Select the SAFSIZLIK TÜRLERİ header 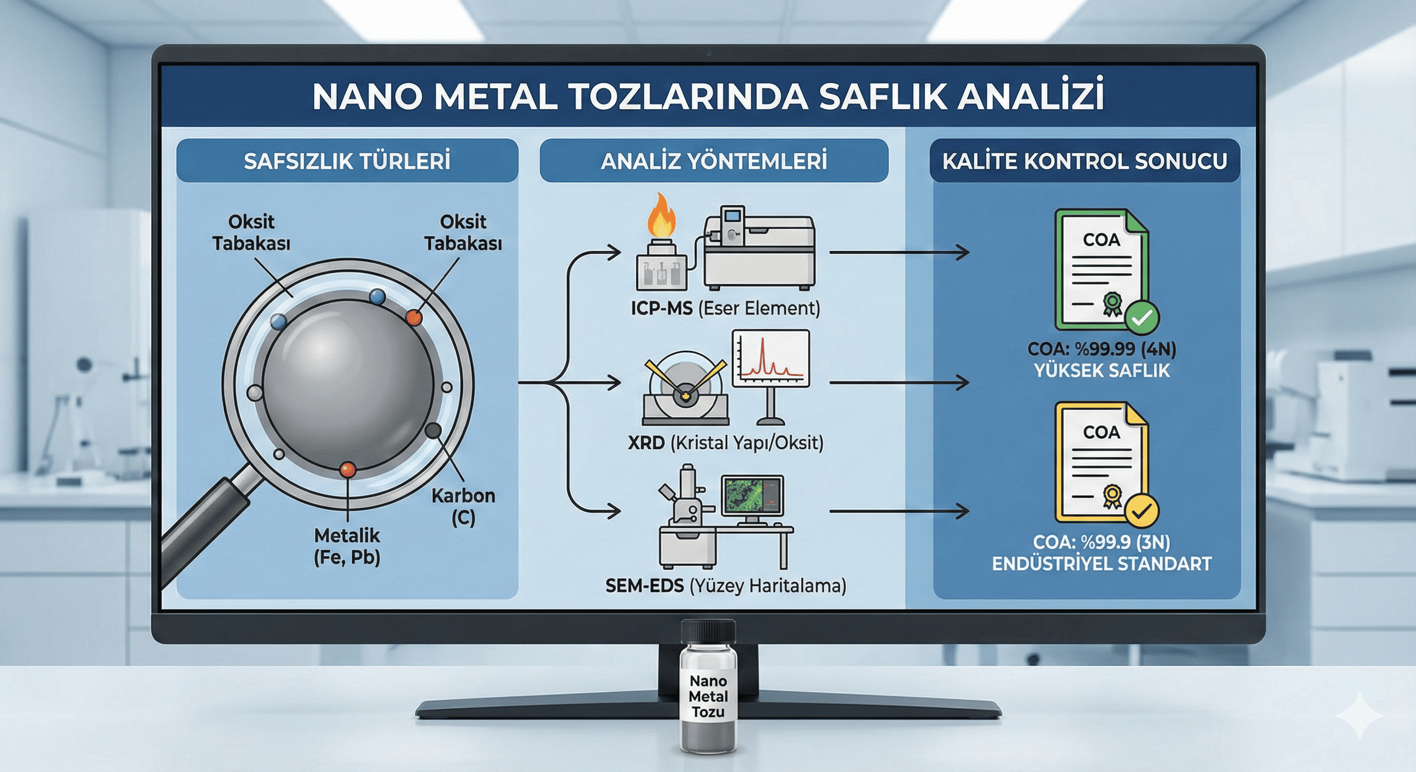pos(347,160)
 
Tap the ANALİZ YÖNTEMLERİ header pos(714,160)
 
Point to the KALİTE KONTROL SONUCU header pos(1085,160)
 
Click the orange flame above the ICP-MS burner pos(661,216)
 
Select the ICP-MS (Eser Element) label pos(725,308)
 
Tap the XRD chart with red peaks pos(771,358)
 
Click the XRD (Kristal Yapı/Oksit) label pos(726,442)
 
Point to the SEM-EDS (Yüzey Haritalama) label pos(726,586)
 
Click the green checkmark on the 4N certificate pos(1142,318)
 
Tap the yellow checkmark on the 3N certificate pos(1142,511)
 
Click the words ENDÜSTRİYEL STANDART pos(1102,564)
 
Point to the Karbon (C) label pos(463,507)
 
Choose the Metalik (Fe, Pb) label pos(347,546)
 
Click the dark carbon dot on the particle pos(433,430)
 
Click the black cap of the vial pos(708,631)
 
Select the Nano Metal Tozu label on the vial pos(708,696)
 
